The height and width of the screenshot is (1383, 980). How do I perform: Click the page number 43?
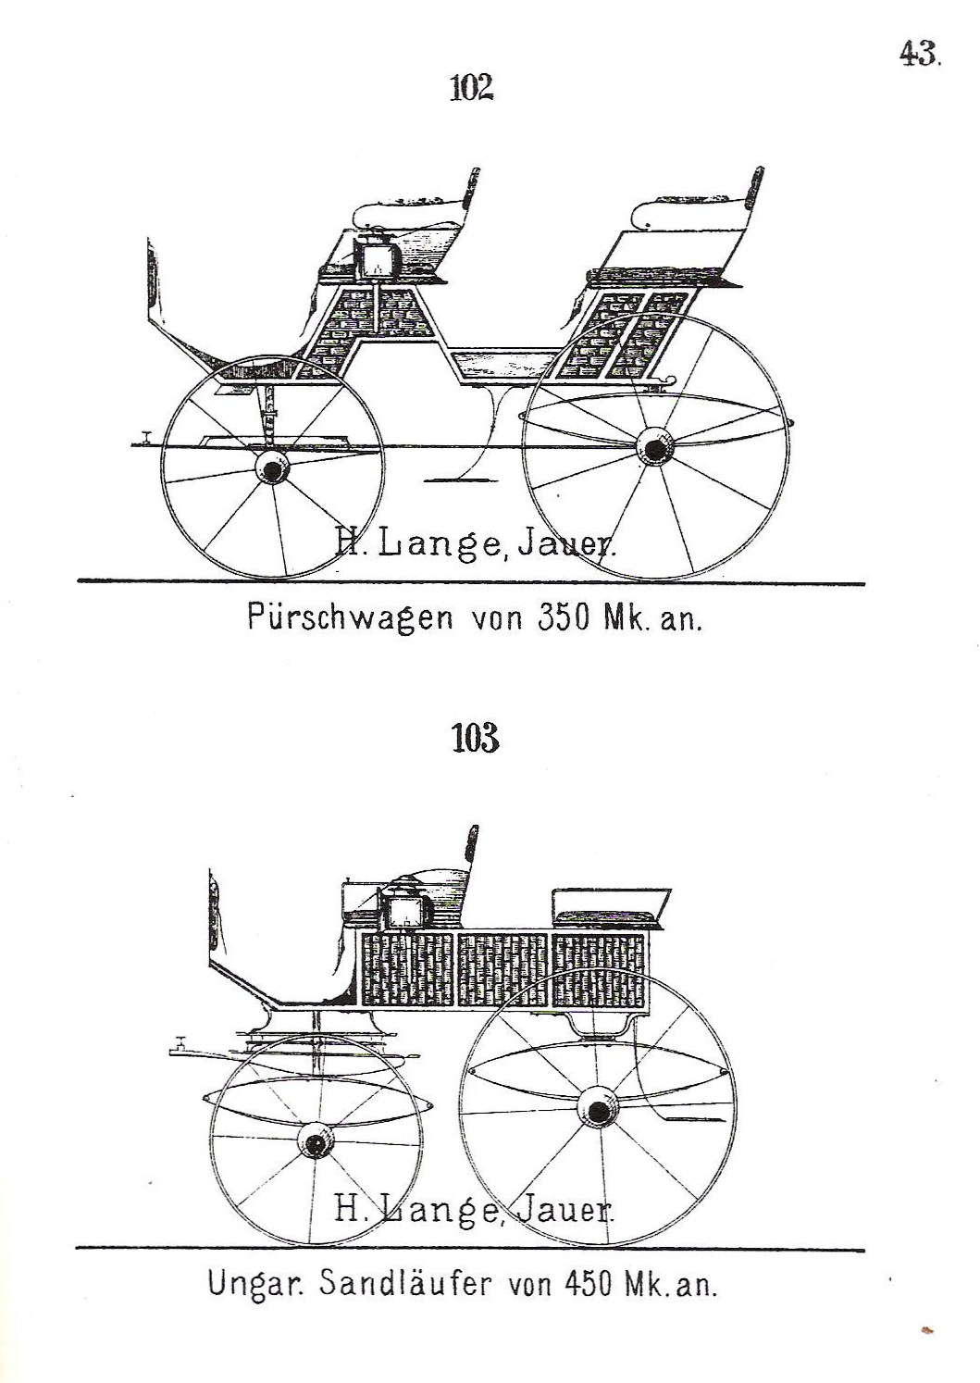pos(920,53)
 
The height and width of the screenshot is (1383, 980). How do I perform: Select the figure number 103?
pos(475,739)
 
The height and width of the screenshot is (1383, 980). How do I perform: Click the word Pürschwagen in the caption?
pos(350,618)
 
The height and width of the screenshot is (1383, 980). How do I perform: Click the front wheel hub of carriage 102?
pos(271,470)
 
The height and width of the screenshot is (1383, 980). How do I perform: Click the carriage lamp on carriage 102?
pos(374,258)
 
